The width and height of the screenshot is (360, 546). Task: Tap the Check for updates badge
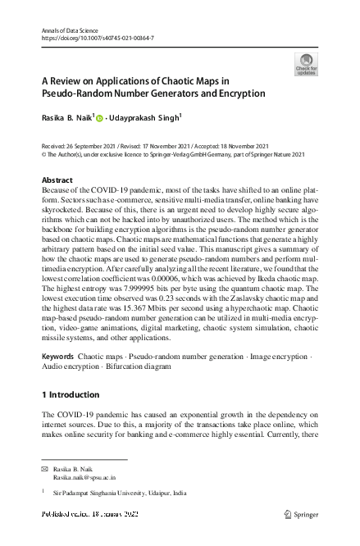306,65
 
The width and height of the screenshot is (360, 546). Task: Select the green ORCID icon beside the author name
100,118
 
